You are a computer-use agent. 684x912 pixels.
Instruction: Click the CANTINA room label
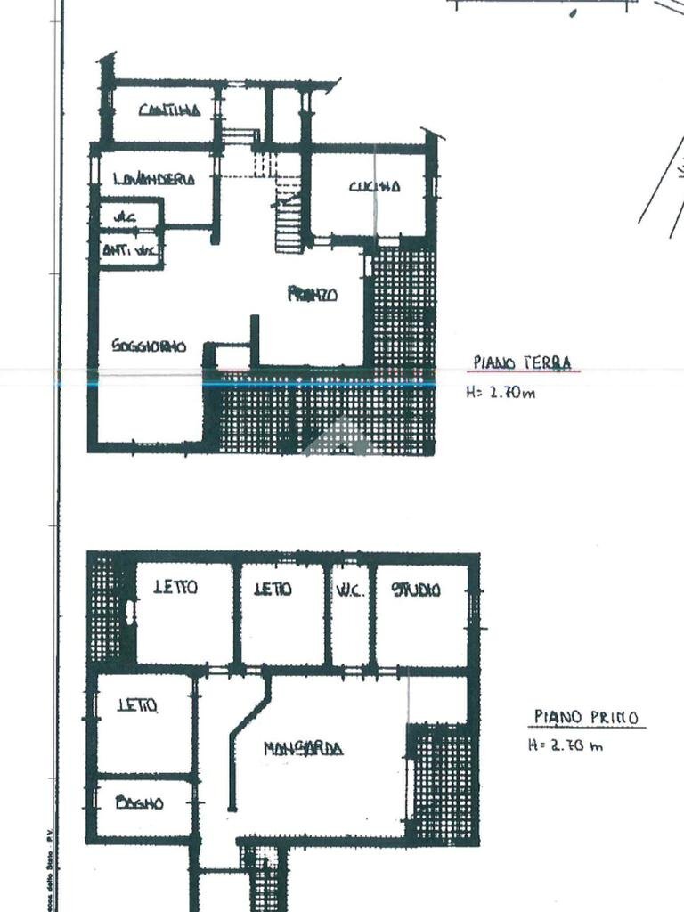tap(167, 110)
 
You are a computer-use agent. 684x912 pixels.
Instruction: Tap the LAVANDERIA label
tap(154, 179)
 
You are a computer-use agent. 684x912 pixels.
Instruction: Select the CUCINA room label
tap(374, 186)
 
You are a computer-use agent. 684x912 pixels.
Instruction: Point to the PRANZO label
tap(312, 295)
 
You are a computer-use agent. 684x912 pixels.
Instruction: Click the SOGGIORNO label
tap(149, 346)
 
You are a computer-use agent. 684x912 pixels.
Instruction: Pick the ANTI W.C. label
tap(130, 252)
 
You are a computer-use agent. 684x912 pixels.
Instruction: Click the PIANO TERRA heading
tap(523, 362)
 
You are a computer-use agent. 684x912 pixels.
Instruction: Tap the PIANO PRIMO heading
tap(586, 717)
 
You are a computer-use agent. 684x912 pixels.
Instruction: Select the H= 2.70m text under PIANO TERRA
tap(501, 391)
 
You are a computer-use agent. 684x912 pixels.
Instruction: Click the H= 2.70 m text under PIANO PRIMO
tap(565, 745)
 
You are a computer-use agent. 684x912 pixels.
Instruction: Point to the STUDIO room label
tap(417, 590)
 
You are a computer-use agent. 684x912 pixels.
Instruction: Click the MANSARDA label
tap(303, 749)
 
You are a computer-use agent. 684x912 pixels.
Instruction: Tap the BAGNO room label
tap(140, 802)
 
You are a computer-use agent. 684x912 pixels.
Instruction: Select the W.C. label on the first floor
tap(349, 590)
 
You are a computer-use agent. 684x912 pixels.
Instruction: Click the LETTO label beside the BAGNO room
tap(137, 705)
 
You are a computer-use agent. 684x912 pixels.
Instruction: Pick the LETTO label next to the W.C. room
tap(273, 589)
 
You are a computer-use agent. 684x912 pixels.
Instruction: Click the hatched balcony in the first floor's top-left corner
tap(105, 606)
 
